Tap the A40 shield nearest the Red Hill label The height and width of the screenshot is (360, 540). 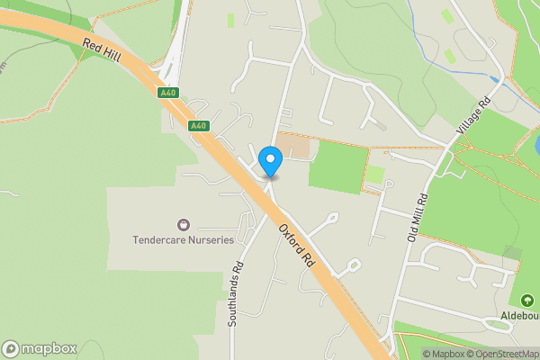click(167, 93)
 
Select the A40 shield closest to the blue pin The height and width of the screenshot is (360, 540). click(199, 126)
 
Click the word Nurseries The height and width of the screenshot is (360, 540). click(208, 240)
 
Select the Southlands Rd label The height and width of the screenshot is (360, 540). click(238, 292)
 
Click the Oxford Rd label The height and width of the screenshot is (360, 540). click(296, 245)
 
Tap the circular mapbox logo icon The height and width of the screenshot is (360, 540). click(12, 348)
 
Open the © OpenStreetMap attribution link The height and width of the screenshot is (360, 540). click(504, 354)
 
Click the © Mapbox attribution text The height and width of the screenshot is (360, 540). click(445, 354)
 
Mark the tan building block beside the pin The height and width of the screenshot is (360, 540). click(291, 145)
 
